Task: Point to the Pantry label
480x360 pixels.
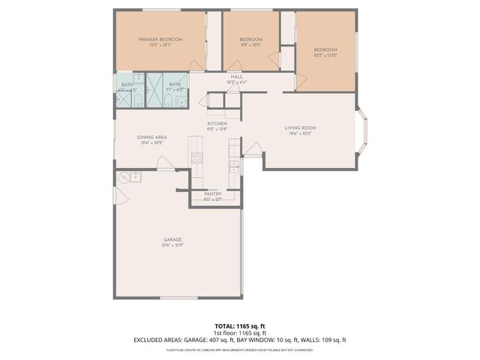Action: coord(212,193)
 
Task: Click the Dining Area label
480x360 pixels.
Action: coord(151,137)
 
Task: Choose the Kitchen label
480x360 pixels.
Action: coord(217,124)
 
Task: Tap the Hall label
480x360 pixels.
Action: coord(236,76)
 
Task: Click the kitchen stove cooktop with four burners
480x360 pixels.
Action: coord(198,158)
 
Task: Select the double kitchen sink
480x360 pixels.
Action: coord(234,166)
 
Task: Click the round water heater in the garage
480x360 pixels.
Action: coord(122,178)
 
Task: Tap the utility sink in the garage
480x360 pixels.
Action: coord(135,177)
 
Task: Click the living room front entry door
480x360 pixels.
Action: coord(253,149)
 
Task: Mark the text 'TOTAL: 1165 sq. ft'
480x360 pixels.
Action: coord(240,326)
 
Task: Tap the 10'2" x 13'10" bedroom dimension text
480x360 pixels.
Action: coord(325,54)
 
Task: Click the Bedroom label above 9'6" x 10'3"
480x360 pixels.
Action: coord(250,39)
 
